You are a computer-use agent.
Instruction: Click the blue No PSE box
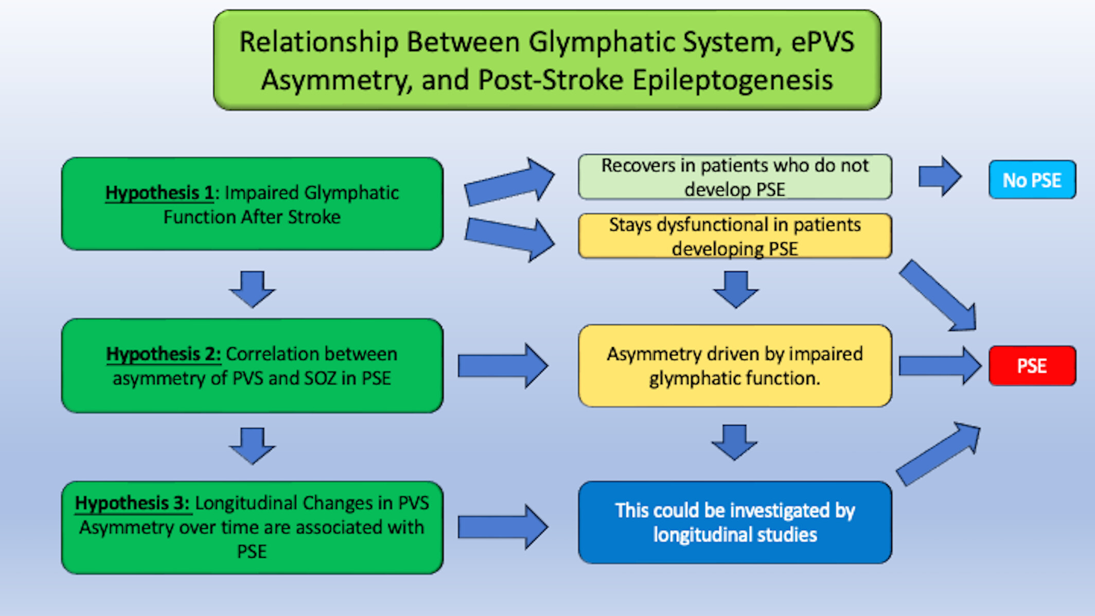tap(1032, 180)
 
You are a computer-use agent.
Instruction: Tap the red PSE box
tap(1032, 366)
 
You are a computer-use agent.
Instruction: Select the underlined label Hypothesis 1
tap(160, 193)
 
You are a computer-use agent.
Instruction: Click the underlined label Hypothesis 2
tap(164, 354)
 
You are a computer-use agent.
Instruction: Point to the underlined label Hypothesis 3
tap(133, 503)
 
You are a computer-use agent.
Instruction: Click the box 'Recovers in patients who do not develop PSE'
tap(735, 177)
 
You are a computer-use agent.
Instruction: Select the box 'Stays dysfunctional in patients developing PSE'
tap(735, 236)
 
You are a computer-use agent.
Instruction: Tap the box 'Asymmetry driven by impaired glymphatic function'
tap(735, 366)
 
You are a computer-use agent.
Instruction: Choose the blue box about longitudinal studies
tap(735, 522)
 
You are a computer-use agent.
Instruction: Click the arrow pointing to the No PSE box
tap(940, 177)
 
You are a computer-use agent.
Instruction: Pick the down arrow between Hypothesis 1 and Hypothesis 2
tap(252, 289)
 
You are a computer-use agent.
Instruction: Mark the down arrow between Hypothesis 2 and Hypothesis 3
tap(252, 446)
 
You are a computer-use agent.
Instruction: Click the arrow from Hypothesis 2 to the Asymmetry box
tap(503, 366)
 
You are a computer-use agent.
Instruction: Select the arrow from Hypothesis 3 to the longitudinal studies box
tap(503, 527)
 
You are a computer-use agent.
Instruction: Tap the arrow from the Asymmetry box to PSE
tap(940, 366)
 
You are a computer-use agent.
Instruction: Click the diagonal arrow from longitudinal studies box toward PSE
tap(938, 454)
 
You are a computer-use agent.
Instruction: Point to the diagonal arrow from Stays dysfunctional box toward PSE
tap(938, 295)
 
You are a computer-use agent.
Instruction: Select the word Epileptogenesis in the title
tap(733, 80)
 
